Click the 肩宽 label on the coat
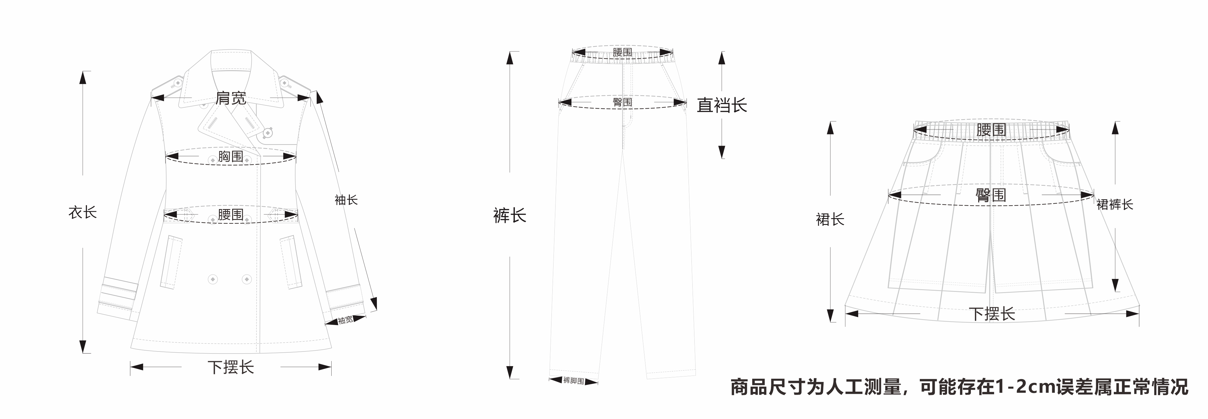tap(231, 99)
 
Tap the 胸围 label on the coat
tap(231, 156)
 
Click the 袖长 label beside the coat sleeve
tap(346, 200)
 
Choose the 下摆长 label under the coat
tap(231, 367)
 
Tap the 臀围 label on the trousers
tap(622, 102)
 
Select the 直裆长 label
tap(722, 105)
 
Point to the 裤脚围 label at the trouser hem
tap(573, 381)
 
